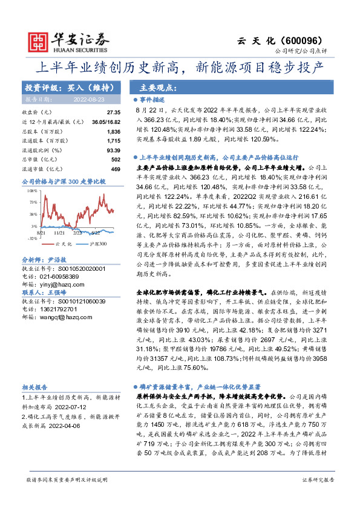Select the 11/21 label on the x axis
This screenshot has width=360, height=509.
[x=59, y=232]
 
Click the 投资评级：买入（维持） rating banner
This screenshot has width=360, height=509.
[x=67, y=87]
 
